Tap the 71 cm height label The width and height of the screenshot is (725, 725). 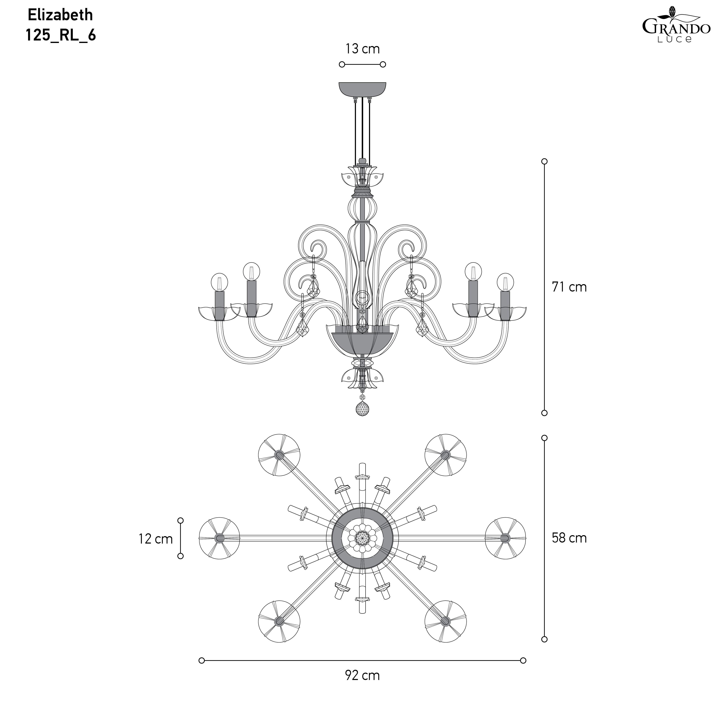coord(569,287)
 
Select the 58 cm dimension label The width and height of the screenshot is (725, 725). coord(569,538)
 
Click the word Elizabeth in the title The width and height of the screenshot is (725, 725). coord(60,15)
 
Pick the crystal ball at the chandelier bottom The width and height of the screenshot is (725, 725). coord(362,409)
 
